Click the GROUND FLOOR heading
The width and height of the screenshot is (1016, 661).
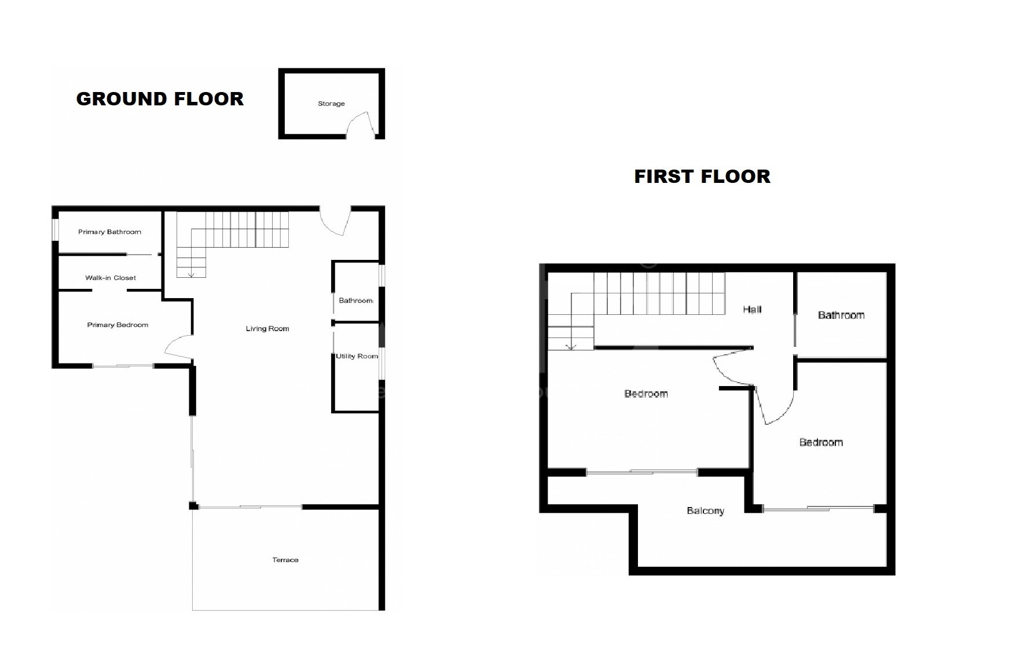click(x=160, y=99)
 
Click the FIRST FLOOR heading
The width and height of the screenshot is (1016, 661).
click(x=702, y=177)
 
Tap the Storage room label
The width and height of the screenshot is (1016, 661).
click(x=331, y=104)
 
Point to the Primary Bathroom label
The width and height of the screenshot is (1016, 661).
click(x=110, y=232)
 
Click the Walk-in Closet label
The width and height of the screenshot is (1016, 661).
click(x=111, y=278)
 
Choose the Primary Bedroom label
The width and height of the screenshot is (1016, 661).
click(x=118, y=325)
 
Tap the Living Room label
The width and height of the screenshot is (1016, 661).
click(x=267, y=329)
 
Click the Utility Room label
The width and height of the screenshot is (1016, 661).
click(x=357, y=356)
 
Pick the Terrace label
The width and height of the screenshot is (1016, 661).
click(x=285, y=560)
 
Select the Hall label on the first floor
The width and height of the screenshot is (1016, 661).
click(x=752, y=310)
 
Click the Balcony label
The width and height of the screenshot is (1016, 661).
click(x=705, y=511)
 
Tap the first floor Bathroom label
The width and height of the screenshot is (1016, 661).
click(x=841, y=315)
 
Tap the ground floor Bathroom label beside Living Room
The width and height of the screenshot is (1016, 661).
click(x=356, y=300)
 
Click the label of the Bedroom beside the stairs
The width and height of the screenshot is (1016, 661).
click(x=646, y=394)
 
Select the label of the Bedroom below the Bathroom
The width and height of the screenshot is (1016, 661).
click(x=821, y=443)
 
